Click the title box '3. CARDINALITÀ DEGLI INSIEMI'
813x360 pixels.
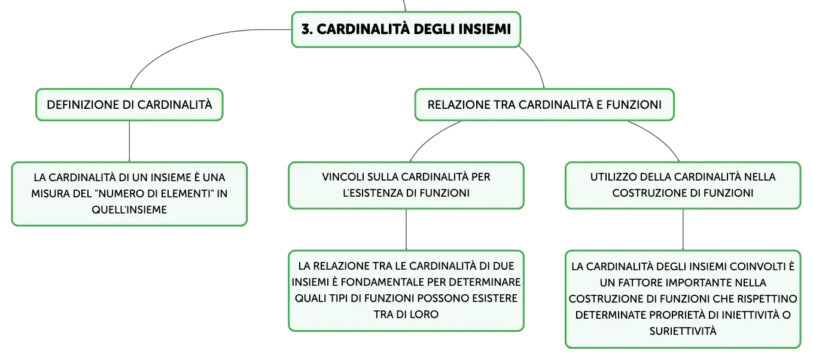[x=406, y=29]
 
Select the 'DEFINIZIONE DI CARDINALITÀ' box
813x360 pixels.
[x=129, y=105]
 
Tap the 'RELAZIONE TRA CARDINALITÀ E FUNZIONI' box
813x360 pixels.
[x=544, y=105]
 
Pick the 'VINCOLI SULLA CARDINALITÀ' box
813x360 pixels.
[x=406, y=185]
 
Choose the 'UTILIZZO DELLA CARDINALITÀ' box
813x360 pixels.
[x=683, y=185]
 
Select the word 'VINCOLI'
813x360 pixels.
[x=343, y=177]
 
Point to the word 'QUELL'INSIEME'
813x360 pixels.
[x=129, y=210]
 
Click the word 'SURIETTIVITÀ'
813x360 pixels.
[x=683, y=331]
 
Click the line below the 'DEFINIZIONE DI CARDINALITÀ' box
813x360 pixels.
[x=129, y=141]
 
